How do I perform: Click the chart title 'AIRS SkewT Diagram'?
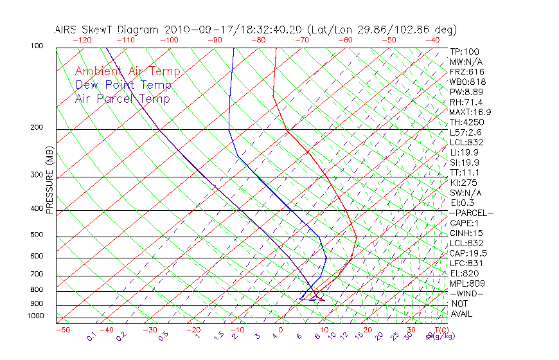[107, 30]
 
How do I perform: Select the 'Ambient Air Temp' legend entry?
[127, 72]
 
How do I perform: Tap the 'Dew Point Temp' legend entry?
[123, 85]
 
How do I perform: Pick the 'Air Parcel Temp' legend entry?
[122, 99]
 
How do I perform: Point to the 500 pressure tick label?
[37, 235]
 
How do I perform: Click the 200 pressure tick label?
[37, 127]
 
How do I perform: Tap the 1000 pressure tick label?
[35, 316]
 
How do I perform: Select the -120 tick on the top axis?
[82, 40]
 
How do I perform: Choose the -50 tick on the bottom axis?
[62, 330]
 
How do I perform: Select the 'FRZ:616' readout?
[467, 72]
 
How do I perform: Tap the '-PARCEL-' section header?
[472, 213]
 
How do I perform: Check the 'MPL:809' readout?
[467, 283]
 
